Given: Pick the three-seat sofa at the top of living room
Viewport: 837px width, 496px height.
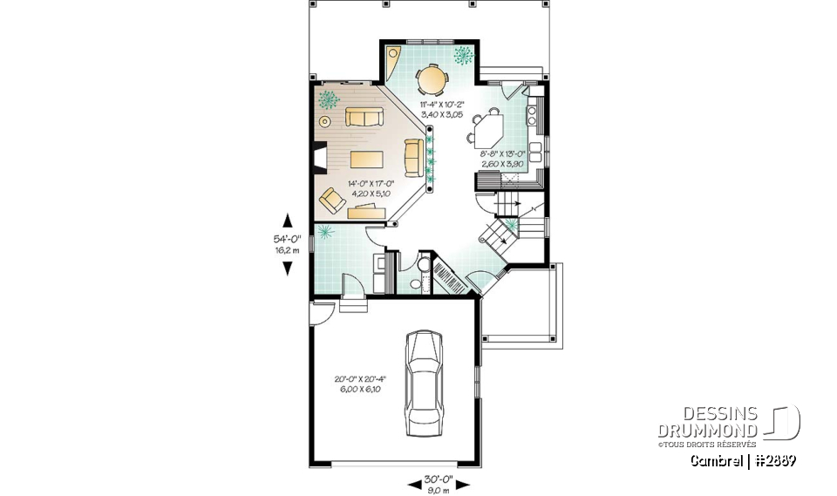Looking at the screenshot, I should (364, 117).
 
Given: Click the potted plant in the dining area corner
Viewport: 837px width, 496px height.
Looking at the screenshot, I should (462, 55).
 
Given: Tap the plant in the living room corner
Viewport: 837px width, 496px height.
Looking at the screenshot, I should (329, 99).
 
